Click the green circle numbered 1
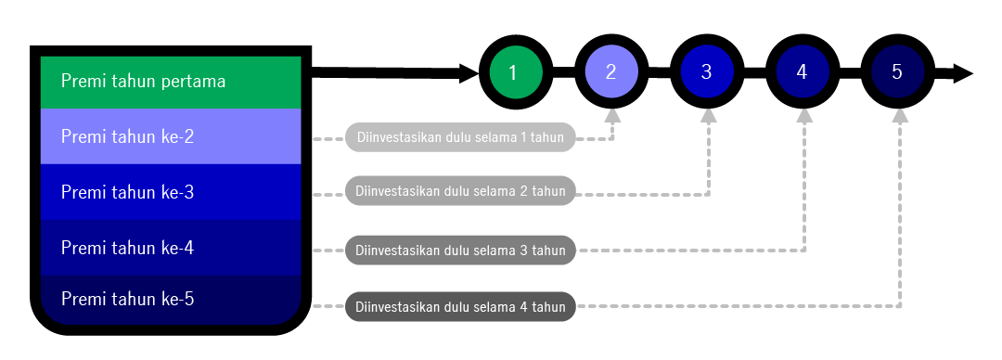pos(515,72)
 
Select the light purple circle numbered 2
pos(610,72)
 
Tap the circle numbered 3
pos(706,72)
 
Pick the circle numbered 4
pos(802,72)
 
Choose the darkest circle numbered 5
pos(896,72)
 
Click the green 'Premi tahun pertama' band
pos(171,82)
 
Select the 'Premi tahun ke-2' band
pos(171,136)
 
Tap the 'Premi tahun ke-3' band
pos(171,192)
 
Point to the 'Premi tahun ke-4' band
pos(171,248)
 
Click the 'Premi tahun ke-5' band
pos(171,300)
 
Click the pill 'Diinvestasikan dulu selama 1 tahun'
pos(460,138)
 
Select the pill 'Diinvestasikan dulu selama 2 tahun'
pos(460,192)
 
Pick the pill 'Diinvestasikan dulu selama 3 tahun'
pos(460,251)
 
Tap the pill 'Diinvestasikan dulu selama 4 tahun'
pos(460,306)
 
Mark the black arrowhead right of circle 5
pos(963,73)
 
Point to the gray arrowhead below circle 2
pos(611,116)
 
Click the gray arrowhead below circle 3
pos(708,116)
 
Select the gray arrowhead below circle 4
pos(803,116)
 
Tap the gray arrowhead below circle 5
pos(899,116)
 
